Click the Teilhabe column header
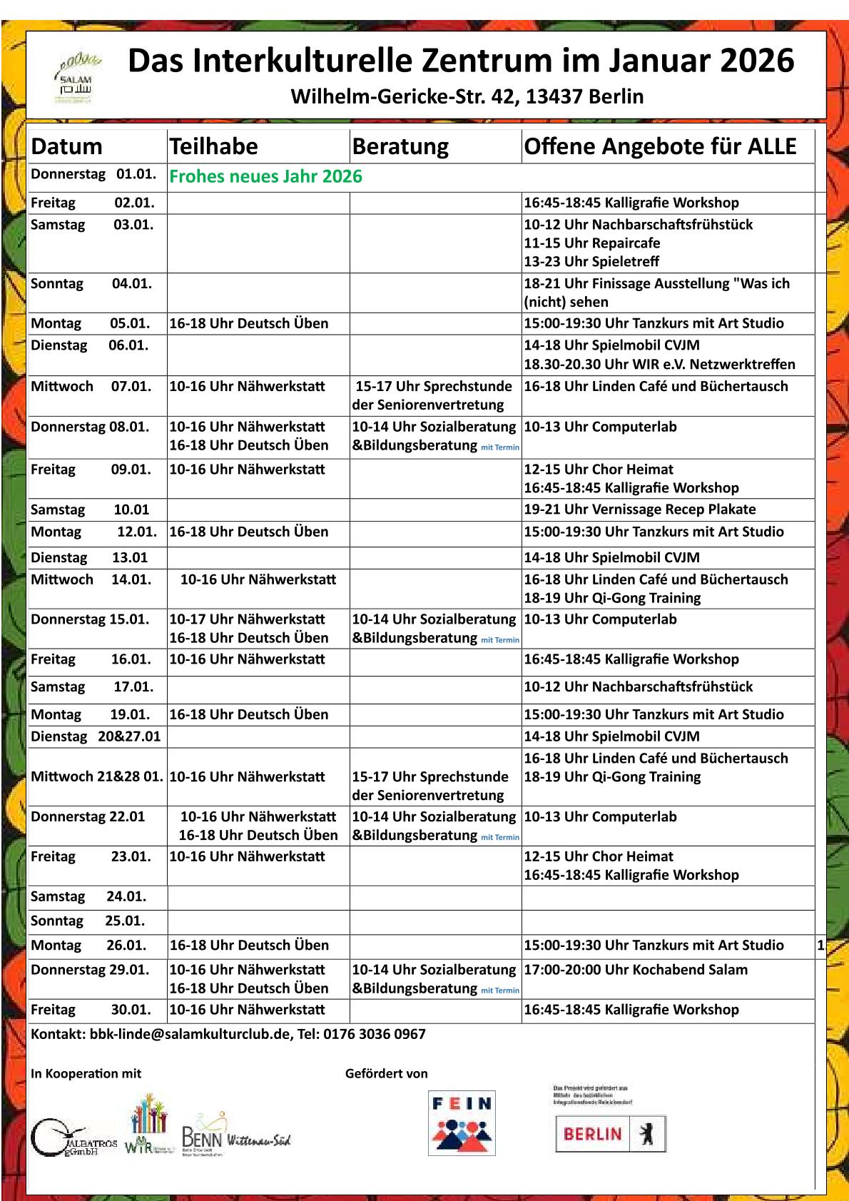coord(213,146)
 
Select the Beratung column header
coord(400,146)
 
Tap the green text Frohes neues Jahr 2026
coord(265,177)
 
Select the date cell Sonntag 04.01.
coord(91,283)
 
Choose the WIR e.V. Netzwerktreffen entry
coord(659,364)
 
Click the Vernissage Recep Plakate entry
coord(639,509)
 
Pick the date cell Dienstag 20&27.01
coord(96,736)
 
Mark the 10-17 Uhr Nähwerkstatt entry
coord(247,619)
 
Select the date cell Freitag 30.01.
coord(91,1009)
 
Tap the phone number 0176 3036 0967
coord(374,1034)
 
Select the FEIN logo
coord(462,1123)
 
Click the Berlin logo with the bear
coord(610,1133)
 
